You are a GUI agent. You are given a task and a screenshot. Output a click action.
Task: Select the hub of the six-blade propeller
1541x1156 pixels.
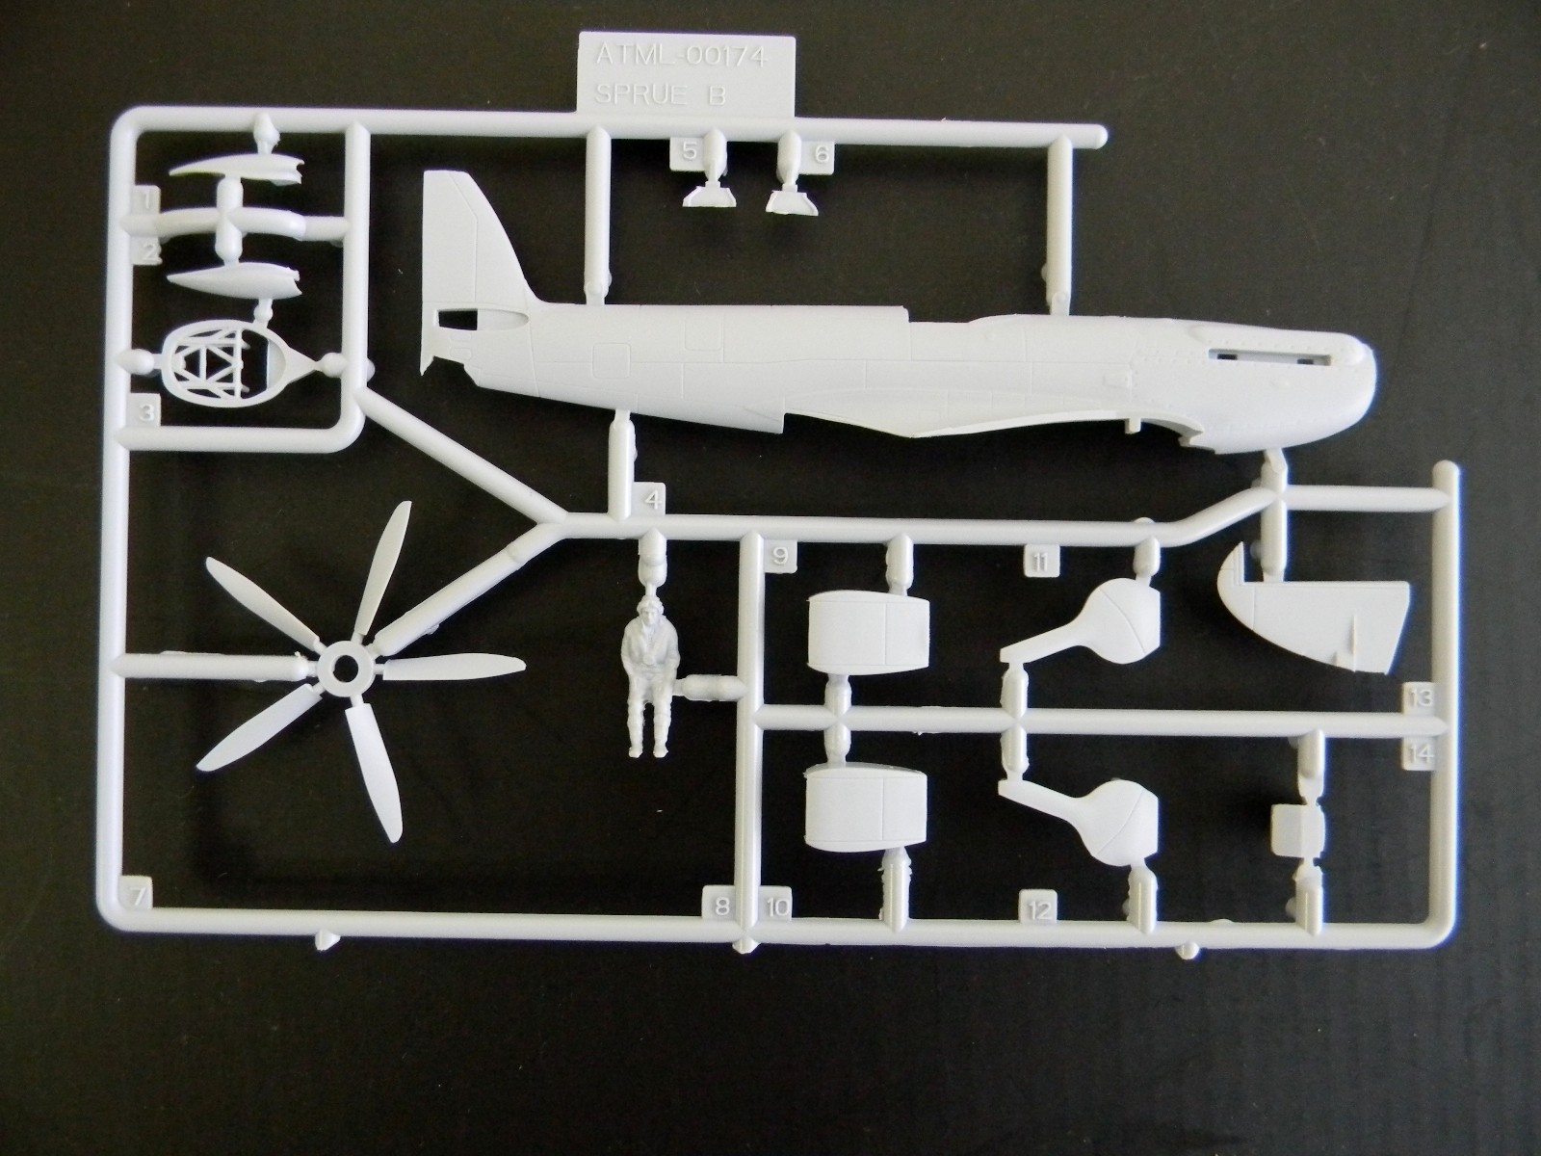pos(344,667)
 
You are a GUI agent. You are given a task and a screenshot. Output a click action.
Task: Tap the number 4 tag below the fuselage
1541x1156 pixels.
pos(654,499)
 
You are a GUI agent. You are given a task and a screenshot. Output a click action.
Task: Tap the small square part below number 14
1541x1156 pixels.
pos(1296,829)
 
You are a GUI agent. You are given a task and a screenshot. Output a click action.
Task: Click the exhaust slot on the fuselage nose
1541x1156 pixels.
pos(1267,356)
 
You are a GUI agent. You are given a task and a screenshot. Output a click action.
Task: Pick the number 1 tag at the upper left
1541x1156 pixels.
pos(144,200)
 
